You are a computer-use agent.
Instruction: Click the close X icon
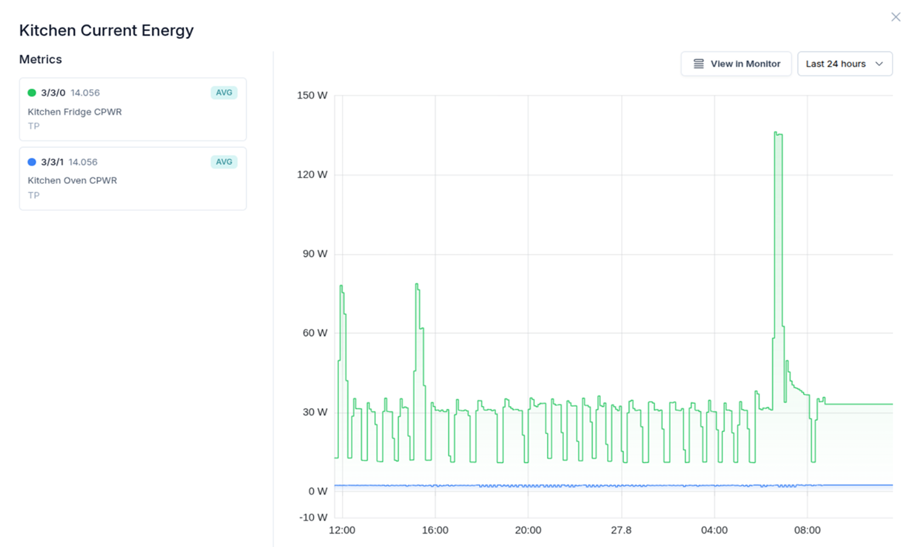(x=896, y=17)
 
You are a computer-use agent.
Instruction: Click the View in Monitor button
(x=736, y=64)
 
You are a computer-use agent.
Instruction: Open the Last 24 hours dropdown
(x=844, y=64)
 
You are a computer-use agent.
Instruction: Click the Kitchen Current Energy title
(x=106, y=30)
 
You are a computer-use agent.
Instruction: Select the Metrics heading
(x=41, y=59)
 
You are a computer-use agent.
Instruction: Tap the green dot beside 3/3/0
(x=32, y=93)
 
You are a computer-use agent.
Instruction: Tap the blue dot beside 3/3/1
(x=32, y=162)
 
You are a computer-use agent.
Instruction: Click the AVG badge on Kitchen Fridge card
(x=224, y=93)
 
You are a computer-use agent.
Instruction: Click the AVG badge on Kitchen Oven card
(x=224, y=162)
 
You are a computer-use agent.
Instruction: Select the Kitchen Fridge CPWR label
(x=75, y=112)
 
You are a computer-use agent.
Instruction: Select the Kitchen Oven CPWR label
(x=72, y=180)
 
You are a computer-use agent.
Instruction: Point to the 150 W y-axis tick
(x=312, y=95)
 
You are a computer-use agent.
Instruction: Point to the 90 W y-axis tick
(x=315, y=253)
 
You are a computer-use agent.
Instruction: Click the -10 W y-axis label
(x=313, y=517)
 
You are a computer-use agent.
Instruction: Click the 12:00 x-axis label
(x=342, y=530)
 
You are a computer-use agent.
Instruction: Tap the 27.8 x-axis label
(x=621, y=530)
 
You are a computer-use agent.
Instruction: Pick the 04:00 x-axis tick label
(x=714, y=530)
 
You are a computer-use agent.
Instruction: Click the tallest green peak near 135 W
(x=777, y=133)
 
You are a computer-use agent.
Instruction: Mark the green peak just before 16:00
(x=417, y=284)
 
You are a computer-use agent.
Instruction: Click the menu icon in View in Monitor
(x=699, y=64)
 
